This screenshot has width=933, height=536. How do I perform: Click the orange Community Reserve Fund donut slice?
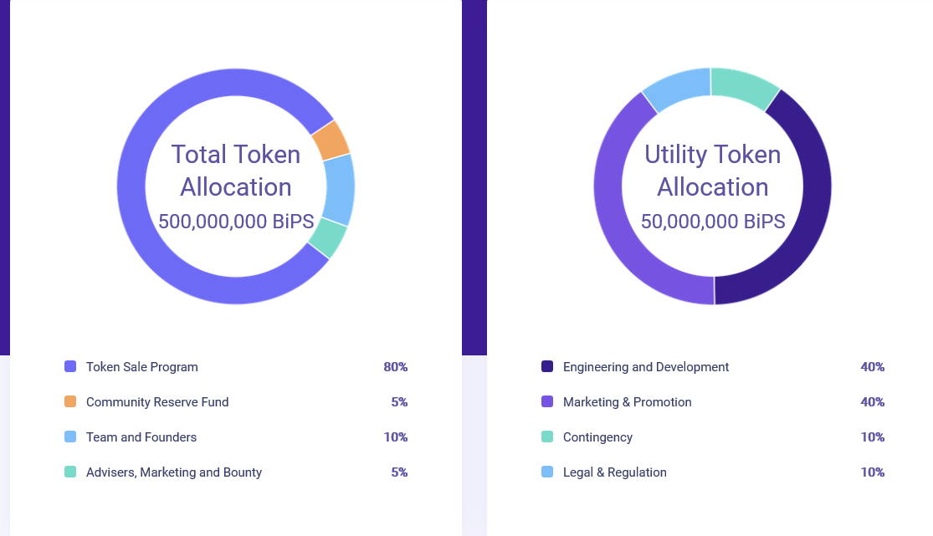[331, 140]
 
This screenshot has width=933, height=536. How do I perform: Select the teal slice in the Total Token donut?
[328, 237]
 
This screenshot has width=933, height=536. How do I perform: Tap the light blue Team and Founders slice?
[339, 189]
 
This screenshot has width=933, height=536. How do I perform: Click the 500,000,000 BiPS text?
[236, 222]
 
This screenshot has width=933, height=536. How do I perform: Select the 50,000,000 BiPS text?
[713, 222]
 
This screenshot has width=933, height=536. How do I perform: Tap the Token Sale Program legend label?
[142, 367]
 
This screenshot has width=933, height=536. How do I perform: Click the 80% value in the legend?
[395, 367]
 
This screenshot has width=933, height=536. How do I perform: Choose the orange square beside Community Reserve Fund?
[70, 402]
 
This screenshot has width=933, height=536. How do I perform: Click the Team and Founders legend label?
[141, 437]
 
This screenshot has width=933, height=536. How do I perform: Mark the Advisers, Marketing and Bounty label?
[174, 472]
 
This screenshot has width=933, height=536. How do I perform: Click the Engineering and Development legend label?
[646, 367]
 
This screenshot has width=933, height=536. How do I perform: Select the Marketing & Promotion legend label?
[628, 402]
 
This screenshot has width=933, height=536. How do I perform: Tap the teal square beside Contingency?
[547, 437]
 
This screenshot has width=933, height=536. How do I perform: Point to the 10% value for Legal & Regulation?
[872, 472]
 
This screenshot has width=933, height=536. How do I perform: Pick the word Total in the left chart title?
[200, 155]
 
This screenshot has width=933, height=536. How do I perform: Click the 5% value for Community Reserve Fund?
[399, 402]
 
